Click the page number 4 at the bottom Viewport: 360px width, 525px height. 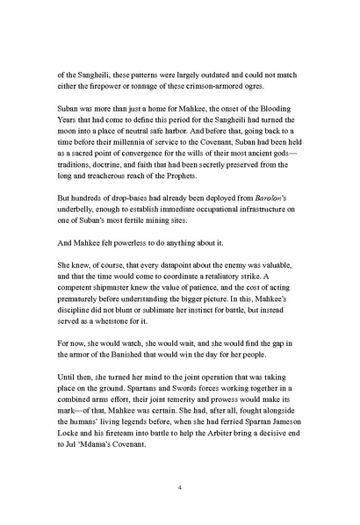click(x=179, y=487)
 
